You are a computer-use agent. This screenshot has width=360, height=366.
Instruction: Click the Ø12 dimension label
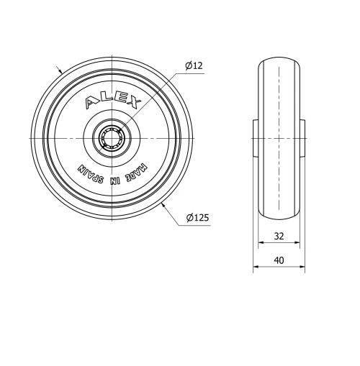(x=194, y=65)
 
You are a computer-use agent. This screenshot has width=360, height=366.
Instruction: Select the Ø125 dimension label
(x=197, y=218)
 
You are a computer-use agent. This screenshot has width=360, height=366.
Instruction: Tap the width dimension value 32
(x=279, y=235)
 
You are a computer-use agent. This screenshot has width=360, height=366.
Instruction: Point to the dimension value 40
(x=279, y=260)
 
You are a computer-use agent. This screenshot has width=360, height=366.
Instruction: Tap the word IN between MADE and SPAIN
(x=116, y=179)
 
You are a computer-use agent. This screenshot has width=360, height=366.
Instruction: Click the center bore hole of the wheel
(x=112, y=137)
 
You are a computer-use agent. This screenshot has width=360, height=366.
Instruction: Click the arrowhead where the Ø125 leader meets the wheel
(x=164, y=205)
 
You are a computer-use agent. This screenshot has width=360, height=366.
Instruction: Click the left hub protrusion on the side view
(x=255, y=137)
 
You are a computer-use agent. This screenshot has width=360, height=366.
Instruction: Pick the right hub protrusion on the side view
(x=302, y=137)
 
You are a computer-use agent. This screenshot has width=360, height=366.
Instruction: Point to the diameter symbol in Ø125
(x=189, y=218)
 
